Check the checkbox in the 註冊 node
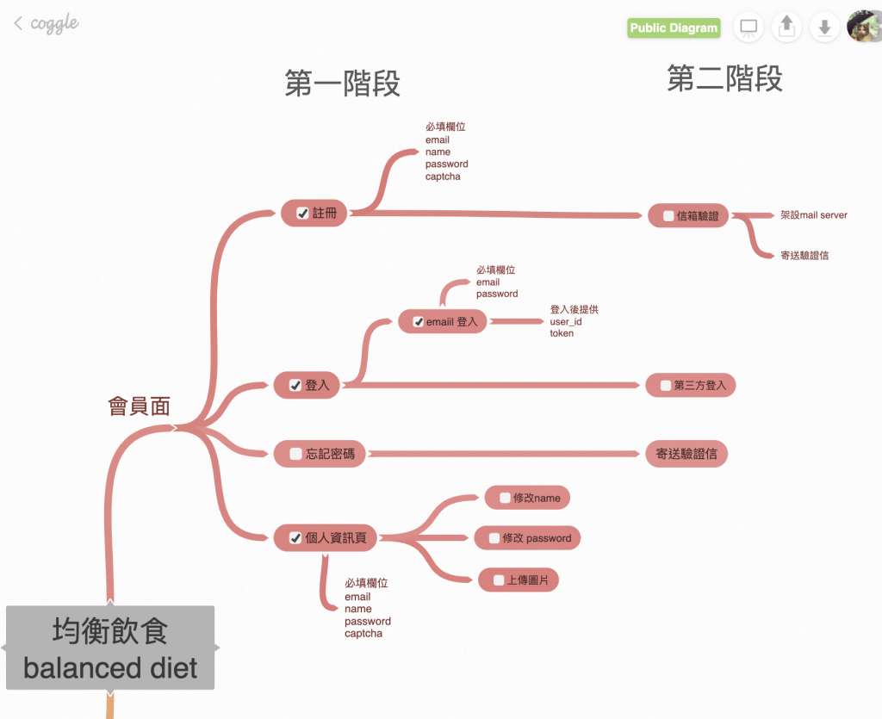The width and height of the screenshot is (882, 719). click(302, 214)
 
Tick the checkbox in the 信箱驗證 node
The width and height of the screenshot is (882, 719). click(668, 216)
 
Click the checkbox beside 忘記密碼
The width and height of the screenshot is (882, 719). click(295, 454)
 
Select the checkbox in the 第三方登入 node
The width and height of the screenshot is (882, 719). click(665, 386)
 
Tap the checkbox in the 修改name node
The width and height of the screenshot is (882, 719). click(505, 498)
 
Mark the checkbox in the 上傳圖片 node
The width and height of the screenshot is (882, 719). click(499, 580)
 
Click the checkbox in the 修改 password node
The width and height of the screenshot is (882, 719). click(494, 538)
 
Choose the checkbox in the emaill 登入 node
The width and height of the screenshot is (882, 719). click(419, 322)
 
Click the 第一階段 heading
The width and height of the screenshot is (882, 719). click(342, 84)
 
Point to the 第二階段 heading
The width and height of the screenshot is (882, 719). click(724, 79)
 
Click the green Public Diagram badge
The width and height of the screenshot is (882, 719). click(674, 28)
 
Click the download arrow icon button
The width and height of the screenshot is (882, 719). click(824, 28)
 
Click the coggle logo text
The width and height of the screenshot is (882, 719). click(54, 23)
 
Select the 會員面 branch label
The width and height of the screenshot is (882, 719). click(139, 406)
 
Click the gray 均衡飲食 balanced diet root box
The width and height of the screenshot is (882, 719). click(110, 648)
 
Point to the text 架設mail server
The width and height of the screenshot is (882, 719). click(814, 214)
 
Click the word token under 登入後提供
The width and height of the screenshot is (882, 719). click(562, 333)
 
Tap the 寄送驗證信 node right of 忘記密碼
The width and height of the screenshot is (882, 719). click(686, 454)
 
